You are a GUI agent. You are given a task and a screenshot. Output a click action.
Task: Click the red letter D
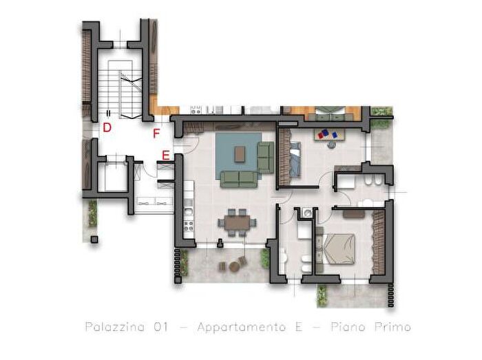click(107, 127)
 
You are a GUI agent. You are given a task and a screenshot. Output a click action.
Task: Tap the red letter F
click(156, 134)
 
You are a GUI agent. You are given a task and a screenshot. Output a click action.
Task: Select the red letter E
click(166, 156)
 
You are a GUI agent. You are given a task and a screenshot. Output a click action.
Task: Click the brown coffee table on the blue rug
click(240, 154)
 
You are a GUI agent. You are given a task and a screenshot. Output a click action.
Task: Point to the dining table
click(237, 222)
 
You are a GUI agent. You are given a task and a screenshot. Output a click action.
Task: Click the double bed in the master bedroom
click(336, 248)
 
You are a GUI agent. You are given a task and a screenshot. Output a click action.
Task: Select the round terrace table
click(235, 266)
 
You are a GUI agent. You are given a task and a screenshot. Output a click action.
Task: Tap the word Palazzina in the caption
click(115, 326)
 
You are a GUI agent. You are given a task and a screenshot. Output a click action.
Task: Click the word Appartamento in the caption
click(241, 327)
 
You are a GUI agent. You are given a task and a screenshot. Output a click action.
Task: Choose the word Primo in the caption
click(393, 326)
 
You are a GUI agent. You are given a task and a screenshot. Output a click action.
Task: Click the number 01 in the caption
click(161, 327)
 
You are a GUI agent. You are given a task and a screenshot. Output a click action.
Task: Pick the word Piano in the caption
click(348, 326)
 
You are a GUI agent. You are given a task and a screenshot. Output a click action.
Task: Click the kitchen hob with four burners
click(189, 226)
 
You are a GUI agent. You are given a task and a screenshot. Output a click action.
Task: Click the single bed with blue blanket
click(295, 159)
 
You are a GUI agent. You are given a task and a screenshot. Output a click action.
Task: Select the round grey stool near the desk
click(332, 145)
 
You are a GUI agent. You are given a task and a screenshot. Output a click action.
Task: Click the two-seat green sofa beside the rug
click(265, 157)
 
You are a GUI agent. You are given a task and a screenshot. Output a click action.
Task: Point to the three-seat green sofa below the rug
click(239, 180)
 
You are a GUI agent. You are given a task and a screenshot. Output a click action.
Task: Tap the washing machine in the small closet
click(307, 212)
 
